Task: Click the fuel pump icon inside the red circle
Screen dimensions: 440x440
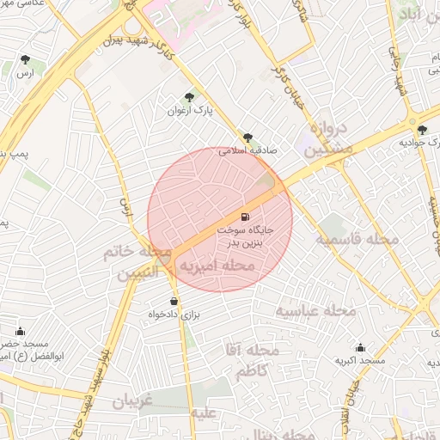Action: coord(247,216)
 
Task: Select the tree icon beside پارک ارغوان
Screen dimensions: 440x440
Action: coord(189,97)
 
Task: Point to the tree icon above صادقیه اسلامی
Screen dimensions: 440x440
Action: coord(247,137)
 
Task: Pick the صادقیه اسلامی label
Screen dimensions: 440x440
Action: coord(247,150)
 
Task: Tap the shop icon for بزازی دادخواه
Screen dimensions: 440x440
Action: coord(175,302)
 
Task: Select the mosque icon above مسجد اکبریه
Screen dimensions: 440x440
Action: coord(361,348)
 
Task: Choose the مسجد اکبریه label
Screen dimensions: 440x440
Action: coord(361,362)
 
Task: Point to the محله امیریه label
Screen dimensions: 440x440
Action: coord(215,267)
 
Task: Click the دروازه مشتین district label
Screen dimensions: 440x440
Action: coord(327,138)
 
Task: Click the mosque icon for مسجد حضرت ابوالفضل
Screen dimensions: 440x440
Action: coord(20,331)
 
